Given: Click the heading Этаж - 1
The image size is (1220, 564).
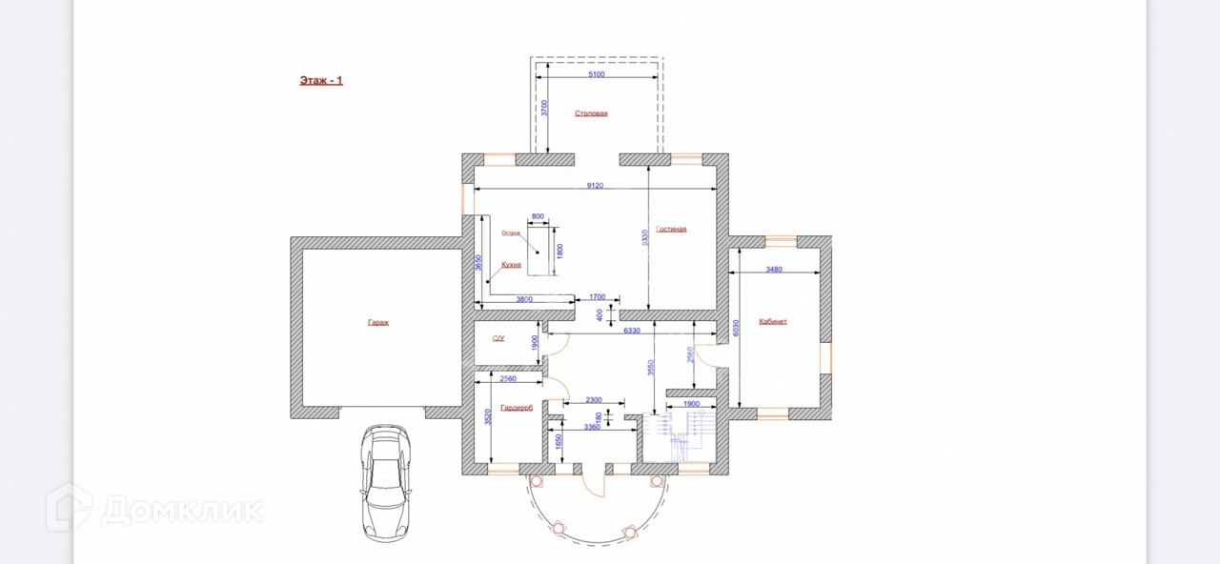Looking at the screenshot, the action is pos(321,81).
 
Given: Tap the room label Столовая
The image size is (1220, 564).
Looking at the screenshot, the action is pos(591,113).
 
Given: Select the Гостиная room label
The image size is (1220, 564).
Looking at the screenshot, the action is pos(671,229).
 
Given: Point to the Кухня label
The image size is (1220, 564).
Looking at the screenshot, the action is pos(511,264).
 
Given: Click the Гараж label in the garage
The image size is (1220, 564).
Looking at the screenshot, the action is pos(378,322).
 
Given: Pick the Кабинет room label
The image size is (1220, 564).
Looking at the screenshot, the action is pos(773,321).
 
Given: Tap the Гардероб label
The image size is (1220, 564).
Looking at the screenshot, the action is pos(517,408).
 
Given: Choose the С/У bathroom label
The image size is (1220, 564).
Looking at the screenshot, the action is pos(498,338).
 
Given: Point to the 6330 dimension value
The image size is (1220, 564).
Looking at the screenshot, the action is pos(631,331).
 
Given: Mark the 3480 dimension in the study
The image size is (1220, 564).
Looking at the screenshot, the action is pos(774,269).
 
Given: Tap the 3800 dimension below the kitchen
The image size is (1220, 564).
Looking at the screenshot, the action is pos(523,299).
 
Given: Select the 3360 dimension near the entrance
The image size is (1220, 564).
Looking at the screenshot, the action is pos(591,427).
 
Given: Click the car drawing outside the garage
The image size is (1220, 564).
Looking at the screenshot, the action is pos(387,482).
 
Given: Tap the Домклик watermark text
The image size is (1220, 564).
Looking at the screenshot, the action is pos(181,510).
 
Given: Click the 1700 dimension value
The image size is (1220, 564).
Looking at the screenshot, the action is pos(598,297).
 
